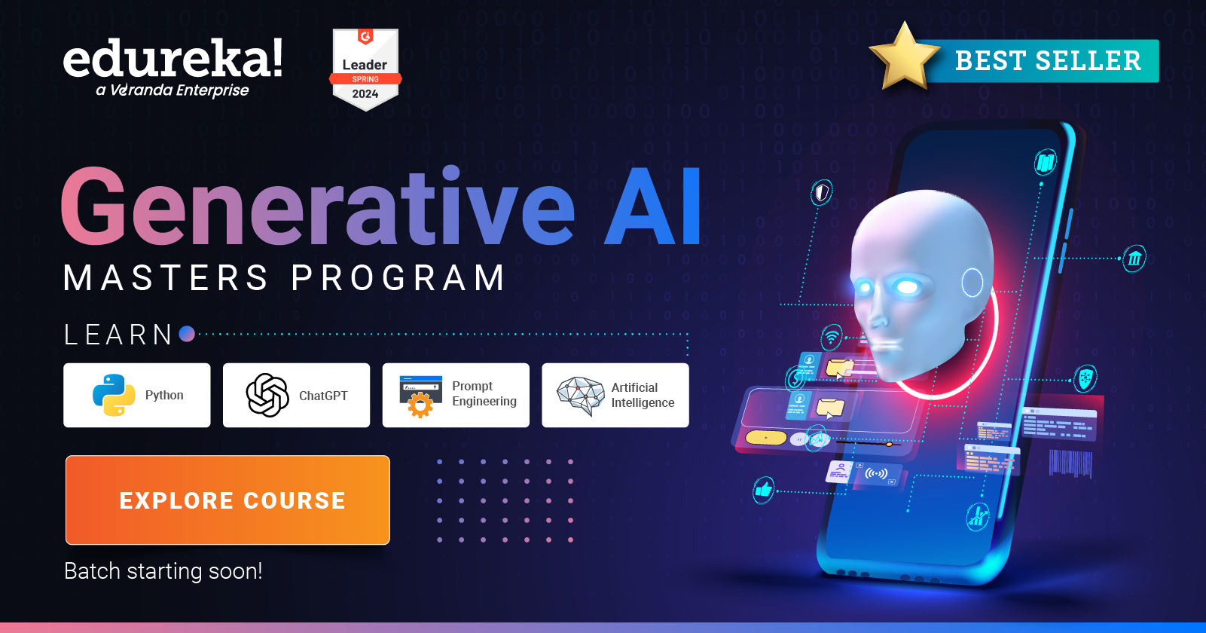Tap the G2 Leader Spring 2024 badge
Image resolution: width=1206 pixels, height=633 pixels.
(x=365, y=70)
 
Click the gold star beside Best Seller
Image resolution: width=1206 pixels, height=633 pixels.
(x=904, y=58)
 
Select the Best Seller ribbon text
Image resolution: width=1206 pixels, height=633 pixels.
(x=1048, y=61)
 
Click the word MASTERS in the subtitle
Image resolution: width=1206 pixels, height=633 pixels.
(x=166, y=278)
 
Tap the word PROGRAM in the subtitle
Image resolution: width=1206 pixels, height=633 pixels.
(x=398, y=278)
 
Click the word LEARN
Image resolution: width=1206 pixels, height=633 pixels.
(x=119, y=335)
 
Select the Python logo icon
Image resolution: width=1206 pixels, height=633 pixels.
(x=114, y=395)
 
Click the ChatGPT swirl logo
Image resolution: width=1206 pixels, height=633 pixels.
(x=267, y=395)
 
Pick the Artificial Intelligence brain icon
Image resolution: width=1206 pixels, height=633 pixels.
(x=581, y=395)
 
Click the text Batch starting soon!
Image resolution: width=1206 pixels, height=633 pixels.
(x=163, y=571)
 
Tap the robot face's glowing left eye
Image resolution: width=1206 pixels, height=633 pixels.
(x=908, y=287)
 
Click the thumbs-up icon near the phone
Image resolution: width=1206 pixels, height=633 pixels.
(x=764, y=491)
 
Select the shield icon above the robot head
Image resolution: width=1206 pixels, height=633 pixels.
(x=821, y=193)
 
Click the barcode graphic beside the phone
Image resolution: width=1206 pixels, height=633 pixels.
(x=1070, y=463)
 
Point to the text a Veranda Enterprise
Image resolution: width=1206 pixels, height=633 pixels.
(x=173, y=90)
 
